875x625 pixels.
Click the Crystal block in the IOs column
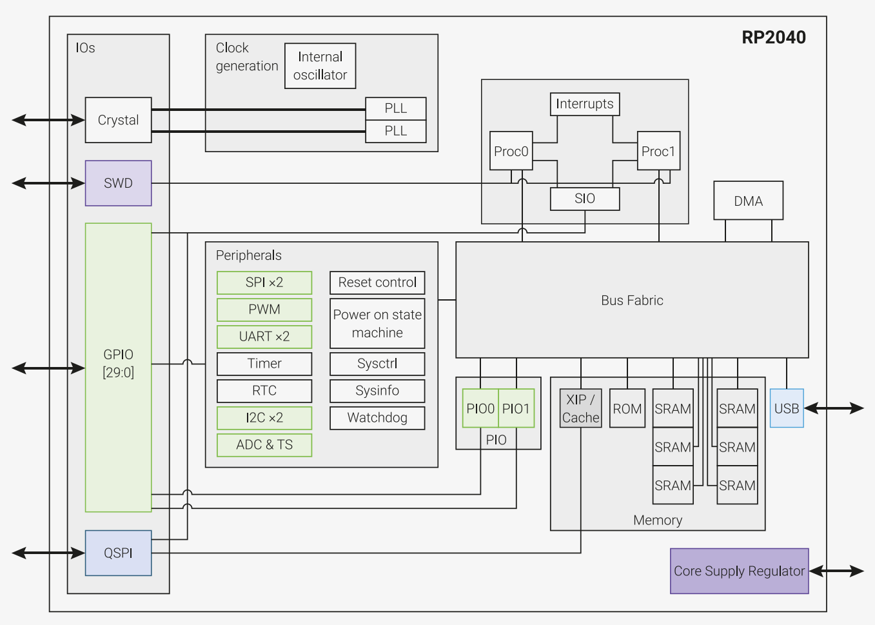[118, 120]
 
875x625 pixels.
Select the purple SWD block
[118, 183]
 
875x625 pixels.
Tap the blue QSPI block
[118, 553]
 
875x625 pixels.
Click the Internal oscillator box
[320, 66]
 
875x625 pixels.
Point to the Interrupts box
[584, 104]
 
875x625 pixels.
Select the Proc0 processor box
[511, 151]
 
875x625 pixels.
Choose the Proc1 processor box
[658, 151]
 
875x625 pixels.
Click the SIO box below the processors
[584, 199]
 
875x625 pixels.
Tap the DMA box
[748, 201]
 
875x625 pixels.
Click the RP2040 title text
[773, 37]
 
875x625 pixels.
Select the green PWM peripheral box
[264, 310]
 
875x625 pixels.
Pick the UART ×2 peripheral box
[264, 337]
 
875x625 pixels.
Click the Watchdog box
[377, 418]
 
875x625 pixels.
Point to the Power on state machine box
[377, 323]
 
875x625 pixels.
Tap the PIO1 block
[516, 408]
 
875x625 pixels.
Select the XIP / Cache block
[580, 408]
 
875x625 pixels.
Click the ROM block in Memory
[627, 408]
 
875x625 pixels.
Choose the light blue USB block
[786, 408]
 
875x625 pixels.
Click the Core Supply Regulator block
[739, 571]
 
